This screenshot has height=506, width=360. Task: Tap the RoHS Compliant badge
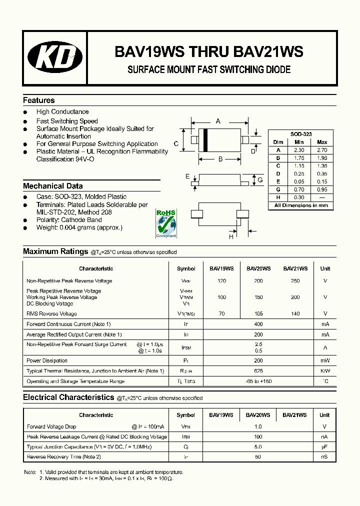click(x=166, y=223)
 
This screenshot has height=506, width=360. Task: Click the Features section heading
click(x=39, y=100)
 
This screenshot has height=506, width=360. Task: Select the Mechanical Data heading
click(x=53, y=186)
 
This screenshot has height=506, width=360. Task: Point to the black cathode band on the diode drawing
click(x=205, y=140)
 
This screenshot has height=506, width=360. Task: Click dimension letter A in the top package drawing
click(x=218, y=121)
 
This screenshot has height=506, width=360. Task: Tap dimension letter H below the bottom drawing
click(x=231, y=236)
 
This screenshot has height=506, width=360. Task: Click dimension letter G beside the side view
click(x=260, y=179)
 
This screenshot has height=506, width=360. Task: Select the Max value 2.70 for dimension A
click(x=322, y=149)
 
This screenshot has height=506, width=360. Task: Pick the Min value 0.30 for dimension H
click(x=299, y=197)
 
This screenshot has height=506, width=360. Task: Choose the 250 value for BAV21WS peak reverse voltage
click(x=295, y=281)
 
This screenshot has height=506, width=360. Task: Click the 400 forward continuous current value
click(x=258, y=324)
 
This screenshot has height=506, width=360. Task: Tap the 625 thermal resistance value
click(x=258, y=371)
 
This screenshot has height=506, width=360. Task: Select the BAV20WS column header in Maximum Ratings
click(x=258, y=268)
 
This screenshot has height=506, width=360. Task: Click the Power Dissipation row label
click(x=47, y=360)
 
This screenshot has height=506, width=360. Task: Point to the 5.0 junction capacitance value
click(x=258, y=446)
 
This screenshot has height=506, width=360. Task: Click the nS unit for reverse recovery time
click(x=324, y=457)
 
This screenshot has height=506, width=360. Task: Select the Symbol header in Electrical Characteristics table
click(x=186, y=415)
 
